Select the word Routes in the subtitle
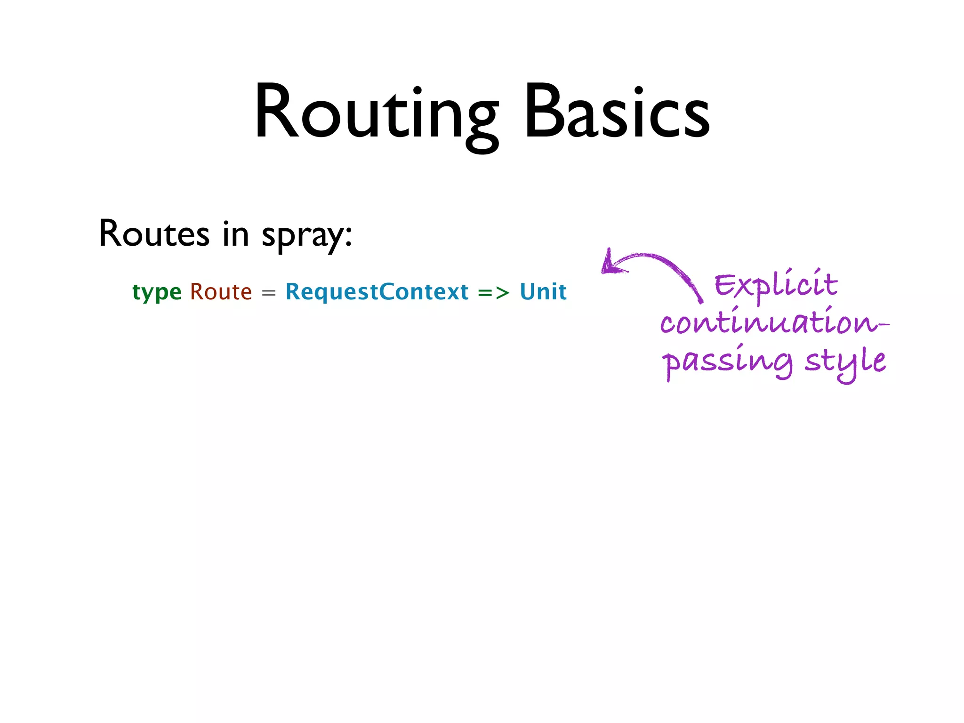(x=154, y=234)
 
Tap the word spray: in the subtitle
(x=306, y=235)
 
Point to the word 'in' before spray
(x=235, y=234)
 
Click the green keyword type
(x=157, y=292)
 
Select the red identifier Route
(x=221, y=292)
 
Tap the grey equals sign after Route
(x=268, y=293)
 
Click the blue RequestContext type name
(x=377, y=292)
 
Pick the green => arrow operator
(x=494, y=293)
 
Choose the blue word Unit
(x=543, y=292)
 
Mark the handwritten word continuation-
(x=774, y=323)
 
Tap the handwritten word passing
(x=727, y=361)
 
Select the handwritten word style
(x=845, y=361)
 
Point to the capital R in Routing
(x=277, y=112)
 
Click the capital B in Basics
(x=544, y=112)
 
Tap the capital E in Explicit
(x=725, y=285)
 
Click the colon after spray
(x=348, y=235)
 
